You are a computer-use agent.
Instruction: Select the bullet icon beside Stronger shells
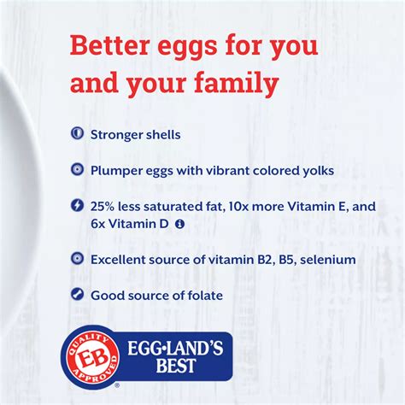[x=78, y=134]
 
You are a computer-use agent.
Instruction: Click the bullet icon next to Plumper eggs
[x=78, y=170]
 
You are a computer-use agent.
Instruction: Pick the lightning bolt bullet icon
[x=78, y=205]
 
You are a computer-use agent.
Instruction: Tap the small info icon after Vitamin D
[x=179, y=223]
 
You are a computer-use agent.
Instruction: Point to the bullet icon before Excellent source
[x=78, y=259]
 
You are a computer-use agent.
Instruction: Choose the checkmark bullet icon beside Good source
[x=78, y=295]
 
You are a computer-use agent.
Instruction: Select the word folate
[x=203, y=295]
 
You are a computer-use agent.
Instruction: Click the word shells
[x=161, y=134]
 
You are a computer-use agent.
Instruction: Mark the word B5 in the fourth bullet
[x=259, y=259]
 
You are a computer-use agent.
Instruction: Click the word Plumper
[x=116, y=170]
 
